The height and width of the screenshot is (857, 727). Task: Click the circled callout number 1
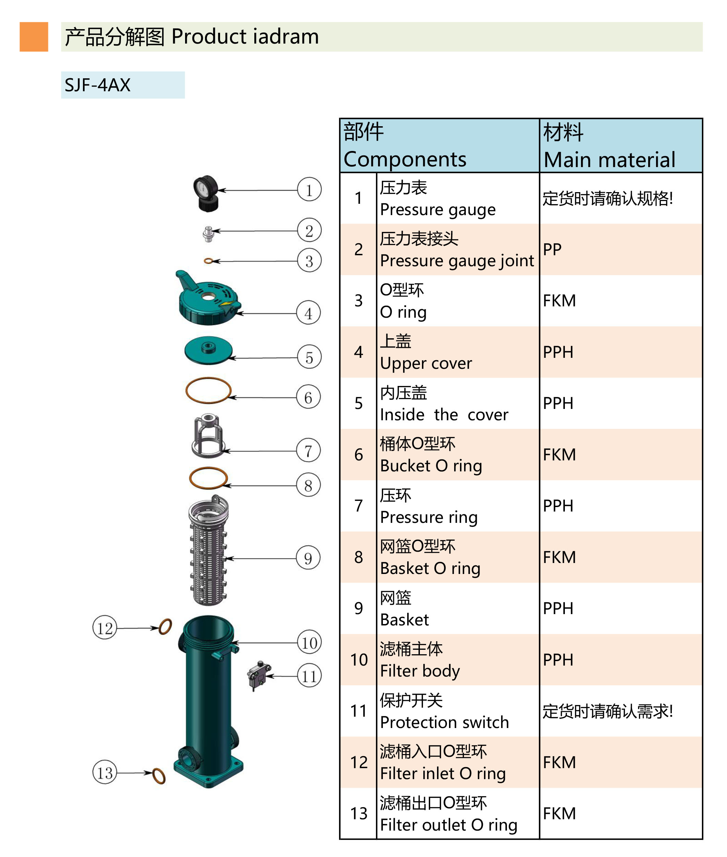pyautogui.click(x=309, y=190)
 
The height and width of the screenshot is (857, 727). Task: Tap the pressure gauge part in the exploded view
pyautogui.click(x=206, y=193)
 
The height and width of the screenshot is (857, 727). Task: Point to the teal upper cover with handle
pyautogui.click(x=208, y=300)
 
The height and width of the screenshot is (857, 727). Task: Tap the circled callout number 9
pyautogui.click(x=308, y=557)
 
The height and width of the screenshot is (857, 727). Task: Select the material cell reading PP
pyautogui.click(x=620, y=249)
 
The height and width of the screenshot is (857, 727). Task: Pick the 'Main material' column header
pyautogui.click(x=620, y=145)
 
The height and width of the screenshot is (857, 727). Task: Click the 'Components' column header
pyautogui.click(x=439, y=145)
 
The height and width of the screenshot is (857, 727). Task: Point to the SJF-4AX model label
pyautogui.click(x=122, y=85)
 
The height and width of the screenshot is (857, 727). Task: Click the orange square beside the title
pyautogui.click(x=34, y=37)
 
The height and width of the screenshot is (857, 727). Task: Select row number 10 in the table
pyautogui.click(x=359, y=659)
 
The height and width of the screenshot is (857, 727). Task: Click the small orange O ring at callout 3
pyautogui.click(x=208, y=261)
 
